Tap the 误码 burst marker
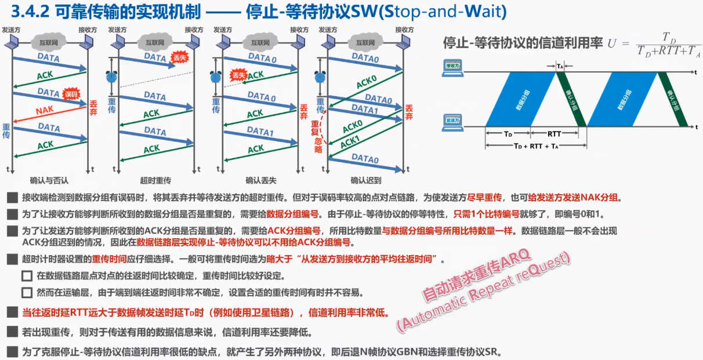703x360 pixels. tap(71, 94)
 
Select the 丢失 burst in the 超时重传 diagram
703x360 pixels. tap(178, 57)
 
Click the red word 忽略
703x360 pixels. tap(318, 145)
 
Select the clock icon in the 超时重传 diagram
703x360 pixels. tap(113, 77)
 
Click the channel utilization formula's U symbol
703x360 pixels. tap(613, 43)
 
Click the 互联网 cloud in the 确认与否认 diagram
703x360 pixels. tap(49, 42)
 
